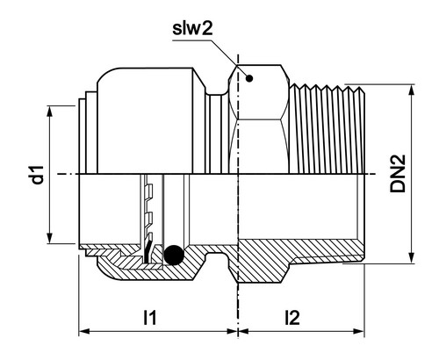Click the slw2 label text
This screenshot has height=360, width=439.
click(192, 29)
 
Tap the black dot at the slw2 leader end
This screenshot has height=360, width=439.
click(249, 78)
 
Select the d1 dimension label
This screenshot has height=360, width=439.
click(38, 175)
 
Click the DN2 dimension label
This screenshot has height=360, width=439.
click(398, 173)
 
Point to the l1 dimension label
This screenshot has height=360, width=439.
click(150, 317)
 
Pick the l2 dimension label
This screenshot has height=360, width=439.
click(292, 317)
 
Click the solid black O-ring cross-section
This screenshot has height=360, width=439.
click(174, 255)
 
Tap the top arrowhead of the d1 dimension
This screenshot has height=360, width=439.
click(50, 112)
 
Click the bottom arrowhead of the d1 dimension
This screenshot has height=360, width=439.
click(50, 238)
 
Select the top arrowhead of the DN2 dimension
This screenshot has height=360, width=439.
click(412, 90)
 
